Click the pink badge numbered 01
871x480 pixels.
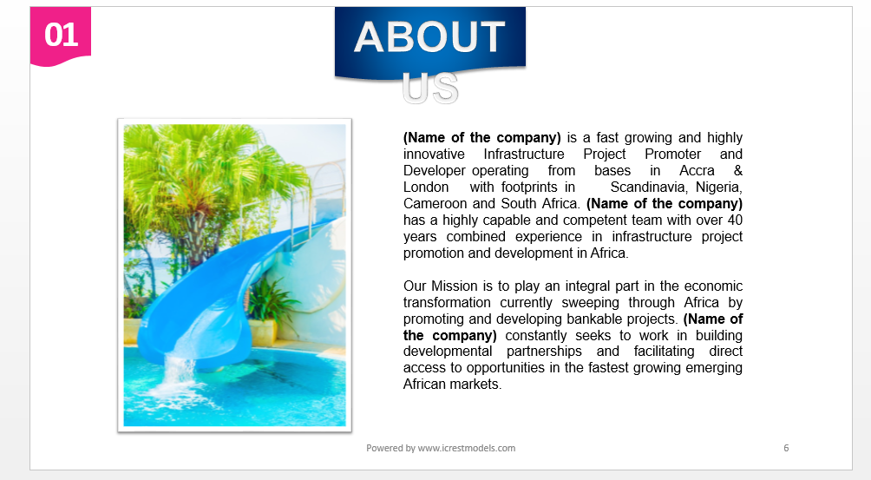coord(61,36)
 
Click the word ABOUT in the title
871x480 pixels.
coord(429,37)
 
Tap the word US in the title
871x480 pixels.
coord(430,88)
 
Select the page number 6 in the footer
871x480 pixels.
coord(786,448)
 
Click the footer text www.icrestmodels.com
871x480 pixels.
coord(466,448)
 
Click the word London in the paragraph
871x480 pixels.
coord(426,187)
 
